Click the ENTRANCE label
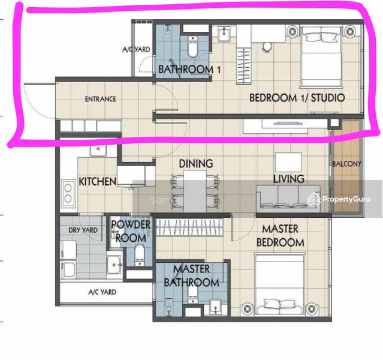pos(100,99)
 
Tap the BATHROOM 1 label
pos(189,70)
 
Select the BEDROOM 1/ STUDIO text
pos(297,98)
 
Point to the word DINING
pos(195,164)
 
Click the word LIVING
pos(289,179)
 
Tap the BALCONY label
pos(346,164)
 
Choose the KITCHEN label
pos(98,182)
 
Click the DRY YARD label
pos(83,230)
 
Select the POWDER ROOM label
pos(131,232)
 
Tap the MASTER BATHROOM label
pos(191,276)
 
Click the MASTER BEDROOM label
pos(281,236)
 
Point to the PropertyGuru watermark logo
pos(339,199)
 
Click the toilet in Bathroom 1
pos(193,47)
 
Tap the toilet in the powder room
pos(140,255)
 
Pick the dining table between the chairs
pos(195,191)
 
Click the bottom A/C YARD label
pos(102,292)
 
